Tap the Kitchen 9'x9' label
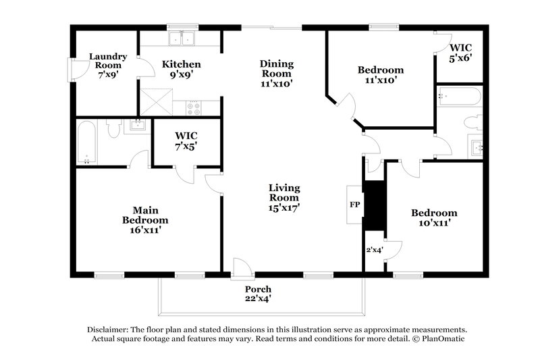[x=182, y=70]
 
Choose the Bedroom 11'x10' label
[x=381, y=74]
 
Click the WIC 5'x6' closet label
[x=460, y=53]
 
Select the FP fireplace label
[x=354, y=204]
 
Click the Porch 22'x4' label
[x=258, y=293]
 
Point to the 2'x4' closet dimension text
[x=373, y=249]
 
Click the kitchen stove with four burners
[x=194, y=107]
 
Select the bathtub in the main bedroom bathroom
[x=87, y=142]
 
